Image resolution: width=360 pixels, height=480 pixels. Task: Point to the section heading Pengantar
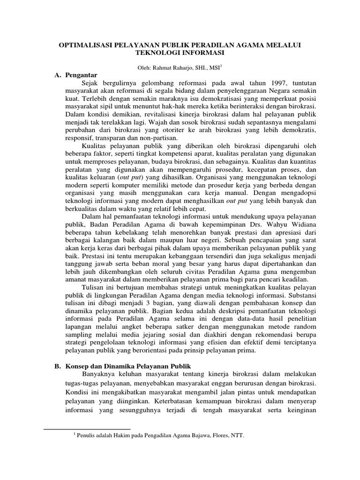tap(81, 75)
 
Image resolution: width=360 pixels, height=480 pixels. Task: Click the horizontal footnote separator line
tap(86, 428)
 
